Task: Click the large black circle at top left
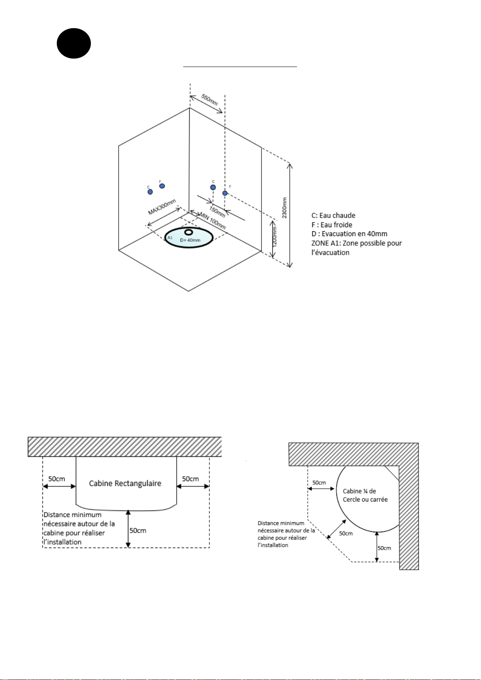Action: click(x=74, y=44)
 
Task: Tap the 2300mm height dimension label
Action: click(x=284, y=208)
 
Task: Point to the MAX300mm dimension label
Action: click(x=162, y=207)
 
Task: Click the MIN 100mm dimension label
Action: click(x=213, y=221)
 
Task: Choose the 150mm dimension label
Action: click(x=217, y=212)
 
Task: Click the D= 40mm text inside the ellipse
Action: click(x=190, y=240)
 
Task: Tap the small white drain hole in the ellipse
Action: click(x=189, y=232)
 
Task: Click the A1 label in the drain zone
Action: click(x=170, y=237)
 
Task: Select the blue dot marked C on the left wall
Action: click(x=150, y=192)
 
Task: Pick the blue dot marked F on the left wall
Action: click(x=162, y=186)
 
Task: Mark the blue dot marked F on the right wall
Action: click(x=225, y=193)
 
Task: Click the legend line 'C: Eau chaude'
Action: click(x=333, y=216)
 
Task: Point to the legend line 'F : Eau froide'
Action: click(x=332, y=225)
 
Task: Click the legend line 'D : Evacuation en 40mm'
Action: click(x=349, y=234)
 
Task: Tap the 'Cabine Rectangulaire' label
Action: click(x=125, y=483)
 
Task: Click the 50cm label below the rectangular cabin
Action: click(x=138, y=530)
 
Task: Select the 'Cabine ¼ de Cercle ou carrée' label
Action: click(x=365, y=495)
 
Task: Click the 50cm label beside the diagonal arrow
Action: click(x=346, y=534)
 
